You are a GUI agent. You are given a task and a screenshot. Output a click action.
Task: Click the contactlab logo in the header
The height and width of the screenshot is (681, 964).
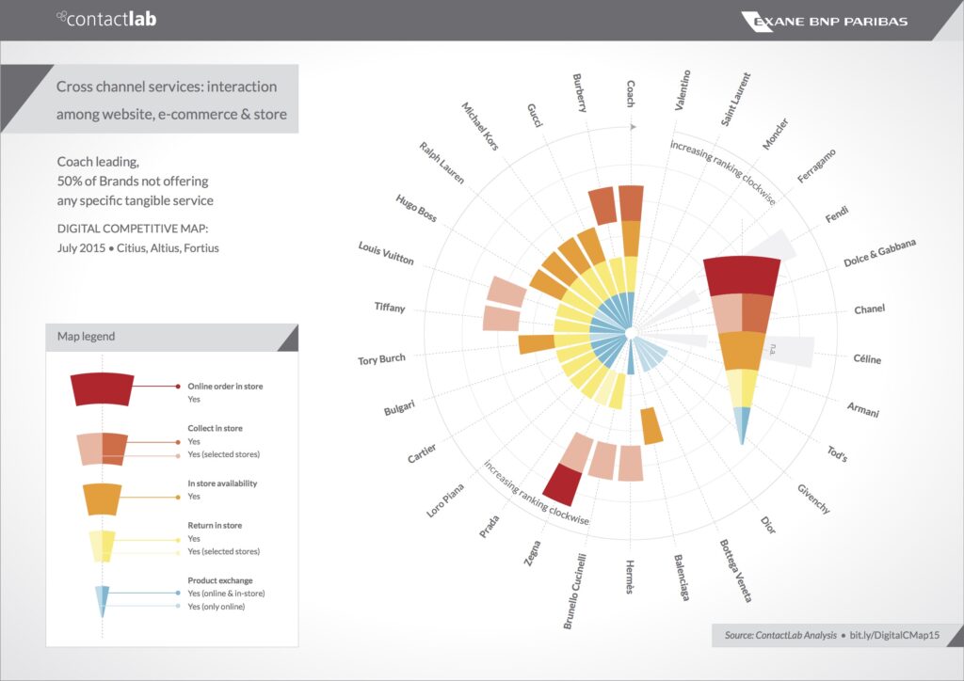(106, 18)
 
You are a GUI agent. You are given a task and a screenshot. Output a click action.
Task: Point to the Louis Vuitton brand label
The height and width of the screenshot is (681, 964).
(386, 252)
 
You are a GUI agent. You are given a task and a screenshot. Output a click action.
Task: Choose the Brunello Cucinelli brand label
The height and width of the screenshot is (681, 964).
(575, 591)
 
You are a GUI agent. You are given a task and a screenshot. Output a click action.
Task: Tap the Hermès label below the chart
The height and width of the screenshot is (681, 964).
(630, 576)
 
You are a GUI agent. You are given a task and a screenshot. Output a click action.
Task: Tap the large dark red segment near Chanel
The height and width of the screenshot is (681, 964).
(742, 276)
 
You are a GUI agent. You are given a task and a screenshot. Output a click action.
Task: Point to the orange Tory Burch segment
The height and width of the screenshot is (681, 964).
(536, 344)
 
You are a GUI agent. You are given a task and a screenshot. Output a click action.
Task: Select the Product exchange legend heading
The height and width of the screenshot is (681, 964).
(220, 580)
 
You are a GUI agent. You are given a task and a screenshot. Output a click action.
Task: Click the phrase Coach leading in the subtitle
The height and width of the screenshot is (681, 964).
(97, 162)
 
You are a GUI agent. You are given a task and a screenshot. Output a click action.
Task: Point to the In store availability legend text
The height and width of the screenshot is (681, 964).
(222, 483)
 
